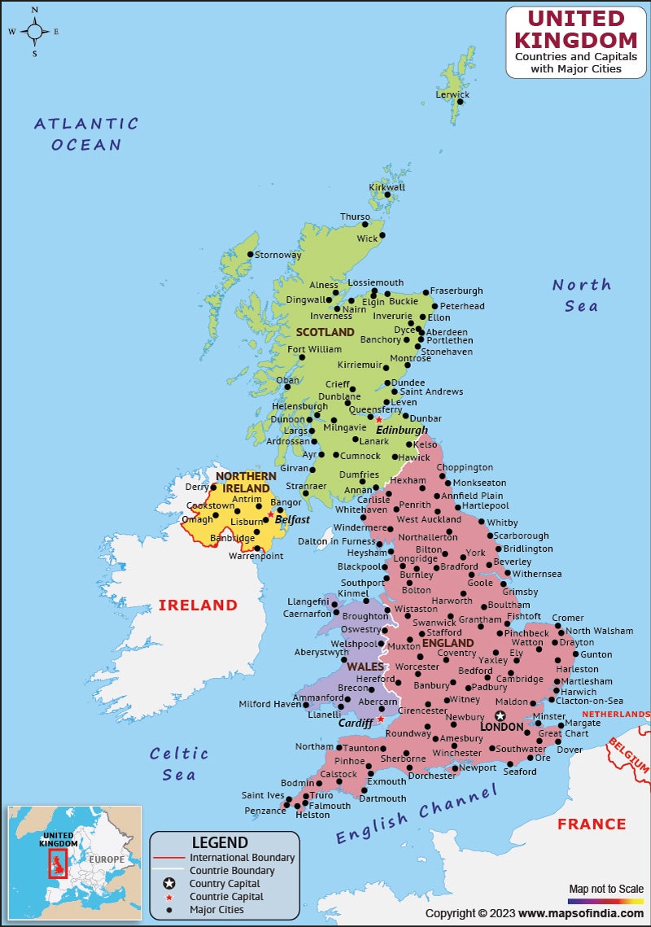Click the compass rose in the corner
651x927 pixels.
pos(35,32)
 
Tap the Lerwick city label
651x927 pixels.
pos(452,94)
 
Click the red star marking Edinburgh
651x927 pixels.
pos(379,420)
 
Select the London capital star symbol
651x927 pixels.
pos(500,715)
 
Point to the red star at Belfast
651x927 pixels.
pos(271,514)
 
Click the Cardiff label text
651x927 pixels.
pos(356,723)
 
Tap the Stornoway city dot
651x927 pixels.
pos(251,255)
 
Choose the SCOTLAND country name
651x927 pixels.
pos(325,332)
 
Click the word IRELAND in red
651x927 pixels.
pos(198,606)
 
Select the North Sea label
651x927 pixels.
pos(582,295)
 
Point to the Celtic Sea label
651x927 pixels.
pos(179,763)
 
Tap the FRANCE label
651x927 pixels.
pos(592,824)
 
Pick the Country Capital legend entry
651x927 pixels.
pos(225,884)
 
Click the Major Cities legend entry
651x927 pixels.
pos(216,910)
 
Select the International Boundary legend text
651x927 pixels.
pos(242,858)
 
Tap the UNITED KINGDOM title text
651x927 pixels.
pos(576,29)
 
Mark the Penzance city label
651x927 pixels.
pos(264,811)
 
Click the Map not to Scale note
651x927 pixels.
pos(605,888)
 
